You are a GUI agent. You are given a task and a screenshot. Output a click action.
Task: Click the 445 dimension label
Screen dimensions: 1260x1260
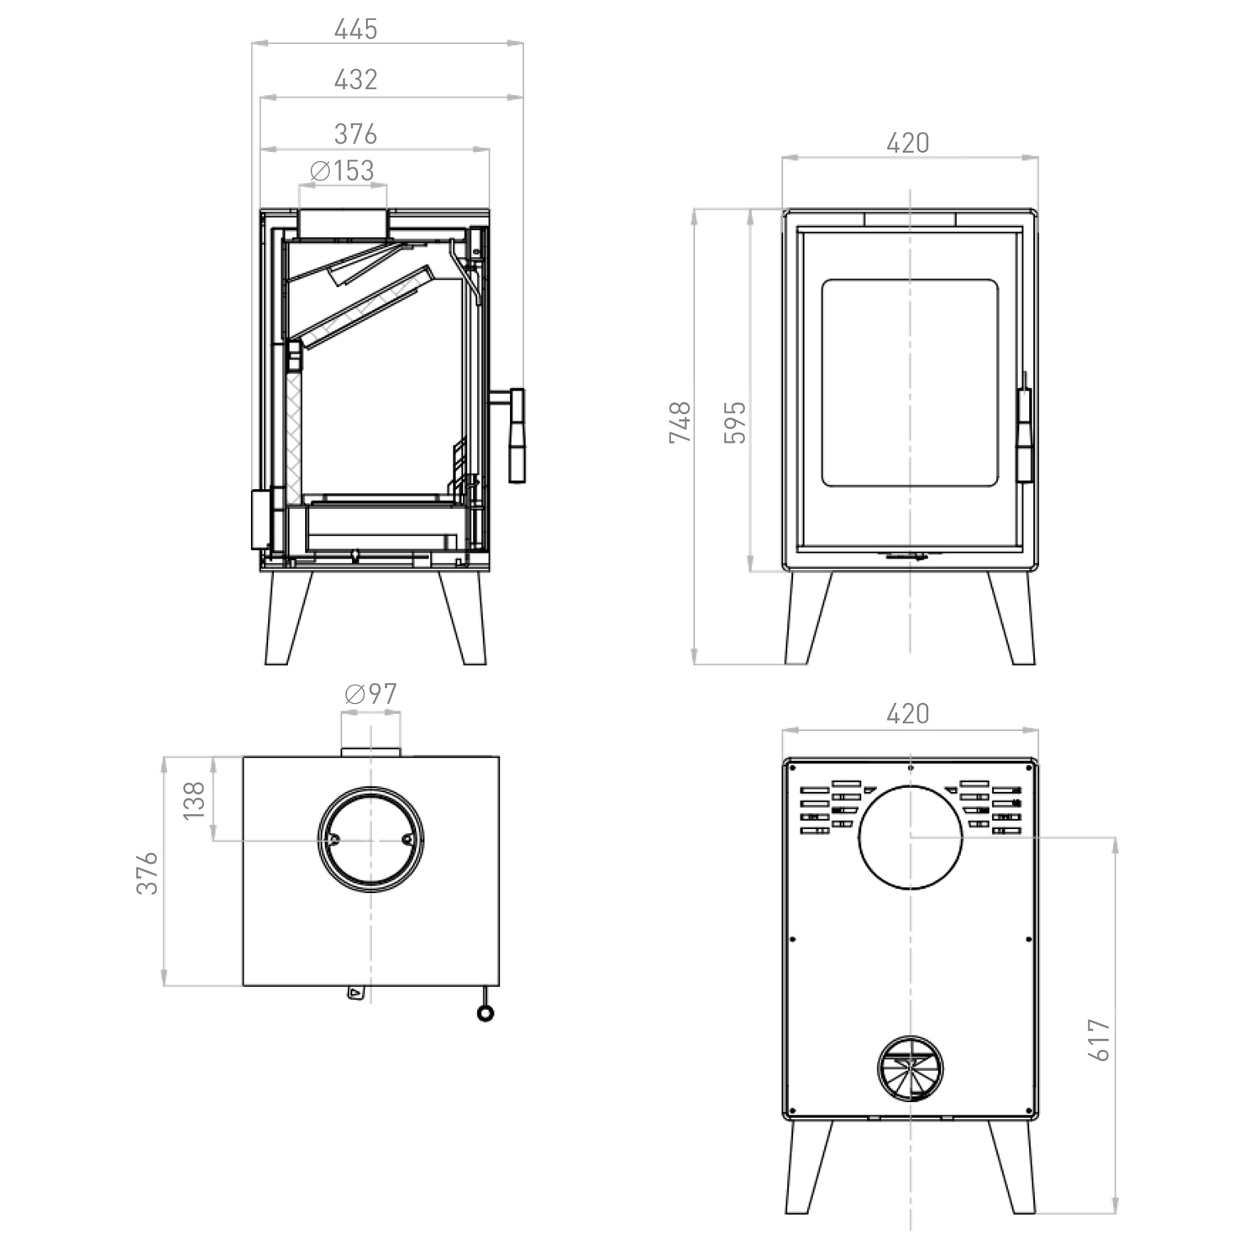coord(356,29)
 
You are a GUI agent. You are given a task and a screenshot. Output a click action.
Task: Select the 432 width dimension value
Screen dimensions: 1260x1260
coord(356,80)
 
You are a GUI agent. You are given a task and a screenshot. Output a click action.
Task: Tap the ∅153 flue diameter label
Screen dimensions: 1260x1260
coord(342,171)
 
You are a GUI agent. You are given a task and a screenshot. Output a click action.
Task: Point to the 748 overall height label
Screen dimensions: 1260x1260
coord(680,423)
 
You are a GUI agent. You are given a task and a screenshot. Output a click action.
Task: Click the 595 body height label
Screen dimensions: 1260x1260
coord(735,423)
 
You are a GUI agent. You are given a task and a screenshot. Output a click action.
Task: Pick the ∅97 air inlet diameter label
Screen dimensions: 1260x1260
coord(370,694)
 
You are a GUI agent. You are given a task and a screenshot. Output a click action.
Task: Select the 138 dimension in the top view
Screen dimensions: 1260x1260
coord(194,800)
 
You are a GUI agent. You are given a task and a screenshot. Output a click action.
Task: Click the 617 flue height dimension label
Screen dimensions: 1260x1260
coord(1100,1040)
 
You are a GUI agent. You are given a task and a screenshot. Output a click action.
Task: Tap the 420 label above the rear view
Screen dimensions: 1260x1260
coord(908,714)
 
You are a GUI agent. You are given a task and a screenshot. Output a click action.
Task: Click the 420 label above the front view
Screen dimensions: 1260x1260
coord(908,144)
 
